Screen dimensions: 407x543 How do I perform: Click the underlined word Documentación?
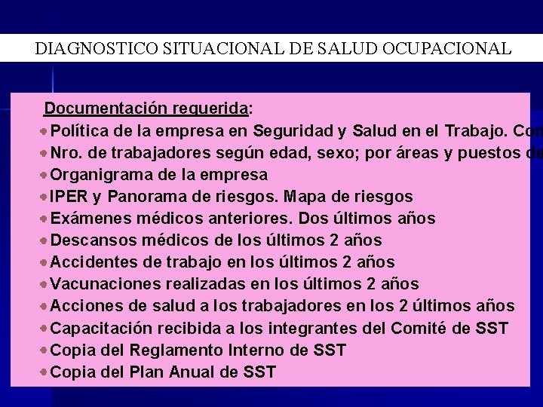pyautogui.click(x=98, y=109)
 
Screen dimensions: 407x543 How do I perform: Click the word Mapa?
pyautogui.click(x=321, y=197)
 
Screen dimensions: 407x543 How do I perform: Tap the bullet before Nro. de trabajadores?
pyautogui.click(x=45, y=153)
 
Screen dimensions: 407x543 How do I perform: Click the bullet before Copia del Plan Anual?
pyautogui.click(x=45, y=372)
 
